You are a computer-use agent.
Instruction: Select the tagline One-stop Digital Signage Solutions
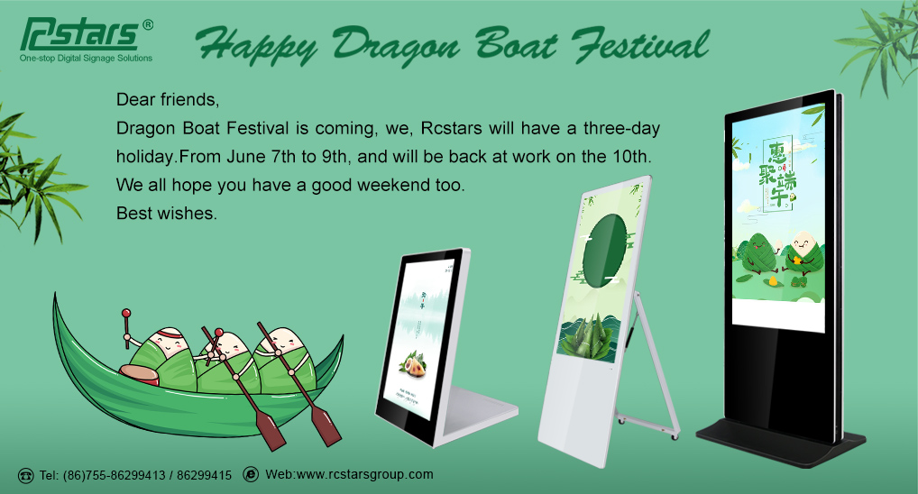[x=86, y=59]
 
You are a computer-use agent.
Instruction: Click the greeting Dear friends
[x=168, y=97]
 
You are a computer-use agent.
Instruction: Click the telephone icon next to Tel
[x=25, y=475]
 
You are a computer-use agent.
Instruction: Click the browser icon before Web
[x=251, y=475]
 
